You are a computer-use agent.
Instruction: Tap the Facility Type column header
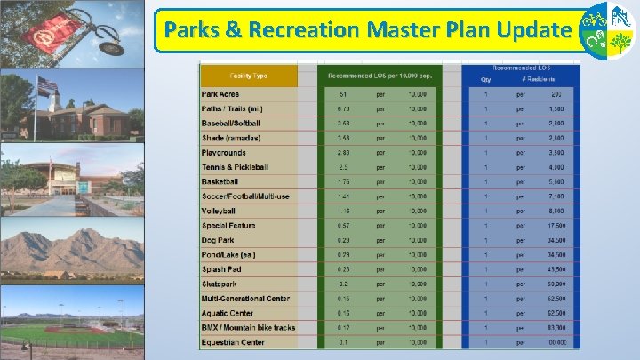click(x=248, y=75)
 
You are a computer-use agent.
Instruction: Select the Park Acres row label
click(x=220, y=94)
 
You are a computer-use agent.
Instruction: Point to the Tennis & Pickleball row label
click(x=235, y=167)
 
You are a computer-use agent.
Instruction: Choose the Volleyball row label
click(x=219, y=212)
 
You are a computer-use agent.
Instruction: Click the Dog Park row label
click(x=217, y=240)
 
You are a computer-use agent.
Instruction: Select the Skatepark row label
click(x=219, y=284)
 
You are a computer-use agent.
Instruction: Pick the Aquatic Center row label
click(x=228, y=313)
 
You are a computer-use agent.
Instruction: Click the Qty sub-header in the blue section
click(x=486, y=79)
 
